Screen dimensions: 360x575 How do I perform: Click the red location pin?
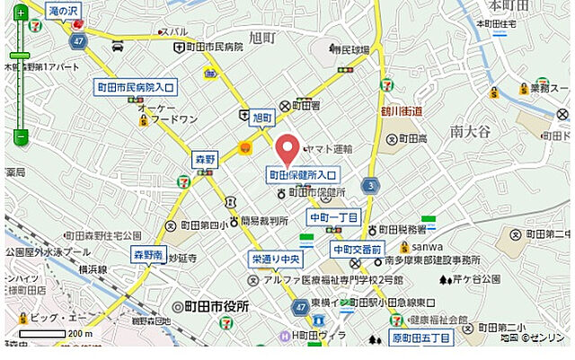click(x=287, y=147)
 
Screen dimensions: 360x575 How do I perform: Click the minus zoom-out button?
click(x=21, y=137)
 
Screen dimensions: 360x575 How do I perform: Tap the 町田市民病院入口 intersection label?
click(x=136, y=87)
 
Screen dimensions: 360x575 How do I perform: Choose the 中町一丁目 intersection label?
click(x=333, y=217)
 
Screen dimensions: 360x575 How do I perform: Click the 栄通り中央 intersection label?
click(x=276, y=259)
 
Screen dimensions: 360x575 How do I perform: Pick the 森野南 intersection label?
click(x=148, y=254)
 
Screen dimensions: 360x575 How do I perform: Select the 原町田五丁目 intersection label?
click(x=423, y=338)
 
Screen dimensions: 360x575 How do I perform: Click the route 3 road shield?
click(x=369, y=186)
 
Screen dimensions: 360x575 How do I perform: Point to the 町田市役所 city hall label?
click(x=217, y=306)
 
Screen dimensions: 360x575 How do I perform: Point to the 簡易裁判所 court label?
click(x=264, y=221)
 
